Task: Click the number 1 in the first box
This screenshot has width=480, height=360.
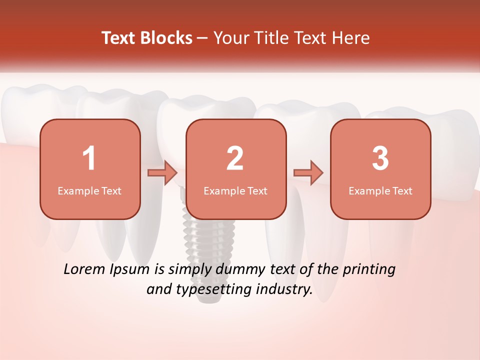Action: [89, 158]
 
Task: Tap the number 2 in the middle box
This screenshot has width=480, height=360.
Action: [235, 158]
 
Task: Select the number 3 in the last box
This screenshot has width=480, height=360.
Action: [380, 158]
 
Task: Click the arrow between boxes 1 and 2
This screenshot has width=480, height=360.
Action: [163, 173]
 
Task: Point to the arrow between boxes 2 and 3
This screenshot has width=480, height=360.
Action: [308, 173]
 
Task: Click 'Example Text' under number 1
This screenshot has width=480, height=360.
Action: [89, 191]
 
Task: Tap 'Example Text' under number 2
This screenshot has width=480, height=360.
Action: [235, 191]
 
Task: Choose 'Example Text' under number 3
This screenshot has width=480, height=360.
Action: [380, 191]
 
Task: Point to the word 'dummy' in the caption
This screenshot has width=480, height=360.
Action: [239, 270]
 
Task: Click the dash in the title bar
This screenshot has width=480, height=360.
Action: [203, 38]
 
